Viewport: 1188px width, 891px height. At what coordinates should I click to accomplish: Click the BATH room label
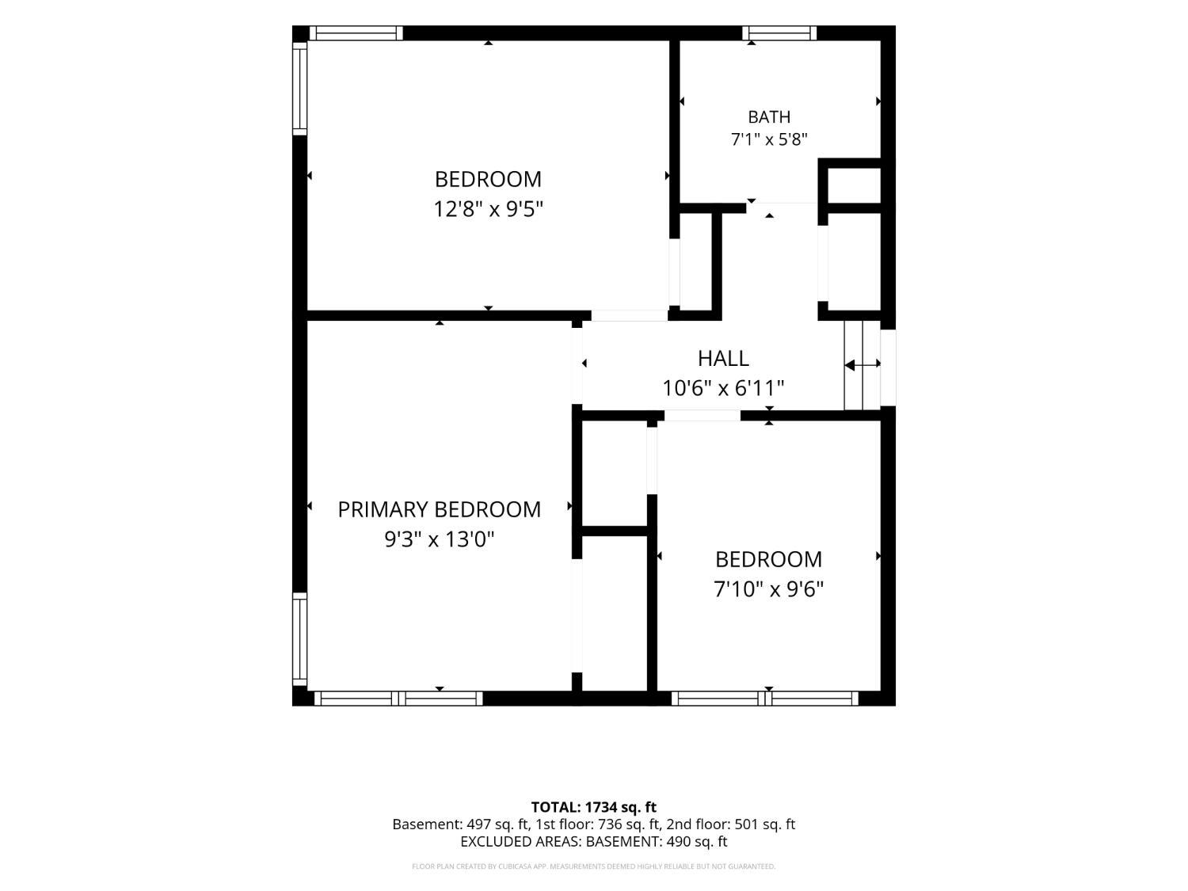tap(768, 117)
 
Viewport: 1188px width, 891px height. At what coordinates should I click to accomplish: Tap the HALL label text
tap(723, 358)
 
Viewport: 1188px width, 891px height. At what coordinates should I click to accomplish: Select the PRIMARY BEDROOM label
tap(439, 509)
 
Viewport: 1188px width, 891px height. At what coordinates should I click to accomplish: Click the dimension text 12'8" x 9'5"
tap(488, 208)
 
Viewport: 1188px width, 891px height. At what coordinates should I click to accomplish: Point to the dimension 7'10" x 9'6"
tap(768, 588)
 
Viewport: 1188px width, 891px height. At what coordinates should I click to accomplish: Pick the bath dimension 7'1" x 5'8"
tap(769, 139)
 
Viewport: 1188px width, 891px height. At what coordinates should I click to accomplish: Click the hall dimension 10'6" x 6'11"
tap(723, 388)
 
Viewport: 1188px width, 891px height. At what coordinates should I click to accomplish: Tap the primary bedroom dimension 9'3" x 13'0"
tap(439, 539)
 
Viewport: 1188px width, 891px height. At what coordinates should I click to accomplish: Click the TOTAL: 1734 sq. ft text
tap(594, 807)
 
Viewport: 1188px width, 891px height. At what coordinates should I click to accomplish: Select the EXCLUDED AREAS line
tap(594, 841)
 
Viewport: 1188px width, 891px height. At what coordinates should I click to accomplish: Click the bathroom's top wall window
tap(779, 33)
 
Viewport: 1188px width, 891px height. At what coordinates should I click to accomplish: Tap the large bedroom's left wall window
tap(300, 89)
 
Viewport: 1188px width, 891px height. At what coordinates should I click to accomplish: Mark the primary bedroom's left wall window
tap(300, 639)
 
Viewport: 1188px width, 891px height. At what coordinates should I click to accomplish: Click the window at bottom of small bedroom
tap(765, 699)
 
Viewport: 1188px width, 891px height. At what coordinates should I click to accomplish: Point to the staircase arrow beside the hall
tap(862, 365)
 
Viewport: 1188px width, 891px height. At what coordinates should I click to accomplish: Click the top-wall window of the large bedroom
tap(356, 33)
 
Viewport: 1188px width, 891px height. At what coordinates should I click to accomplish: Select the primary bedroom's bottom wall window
tap(398, 699)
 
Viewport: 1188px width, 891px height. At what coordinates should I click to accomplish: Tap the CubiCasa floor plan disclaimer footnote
tap(594, 866)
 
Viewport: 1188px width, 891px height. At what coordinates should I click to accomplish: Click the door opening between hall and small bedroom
tap(702, 416)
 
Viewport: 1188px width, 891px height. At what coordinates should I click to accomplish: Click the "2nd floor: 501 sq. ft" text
tap(731, 824)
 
